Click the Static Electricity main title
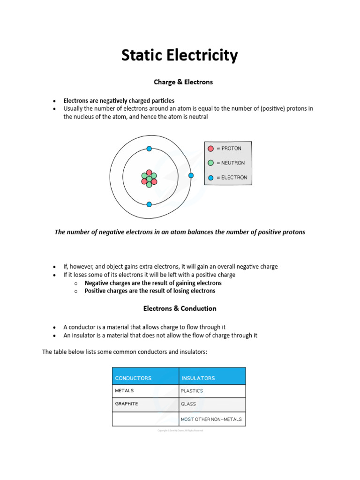tap(180, 56)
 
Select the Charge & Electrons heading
tap(183, 82)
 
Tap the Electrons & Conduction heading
tap(180, 308)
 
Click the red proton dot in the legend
tap(211, 149)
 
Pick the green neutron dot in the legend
tap(211, 163)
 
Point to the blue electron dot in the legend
tap(211, 178)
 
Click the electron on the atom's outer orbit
tap(191, 175)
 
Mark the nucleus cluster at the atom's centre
tap(149, 179)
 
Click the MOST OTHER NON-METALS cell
tap(211, 419)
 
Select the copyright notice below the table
tap(180, 431)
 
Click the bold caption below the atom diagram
tap(180, 232)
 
